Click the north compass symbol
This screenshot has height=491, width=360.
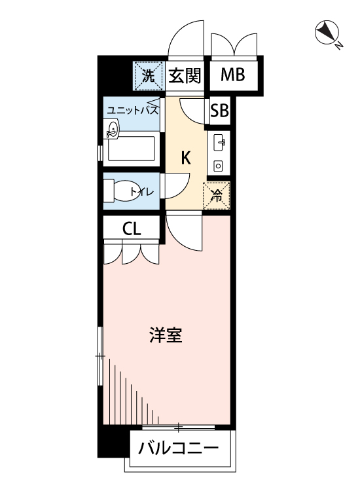327,33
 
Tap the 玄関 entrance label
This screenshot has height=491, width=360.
185,75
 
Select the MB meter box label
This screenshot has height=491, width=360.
233,75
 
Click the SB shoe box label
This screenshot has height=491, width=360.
219,110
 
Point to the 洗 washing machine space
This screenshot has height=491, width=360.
149,76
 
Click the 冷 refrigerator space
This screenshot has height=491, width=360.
216,196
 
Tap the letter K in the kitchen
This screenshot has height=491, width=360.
186,158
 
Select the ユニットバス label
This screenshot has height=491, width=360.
132,111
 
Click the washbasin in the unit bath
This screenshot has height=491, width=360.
111,130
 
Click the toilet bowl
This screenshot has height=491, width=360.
120,191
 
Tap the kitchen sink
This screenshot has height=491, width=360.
219,143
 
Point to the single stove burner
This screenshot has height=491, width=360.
218,166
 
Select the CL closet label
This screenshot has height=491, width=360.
132,229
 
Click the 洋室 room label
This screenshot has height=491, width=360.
166,335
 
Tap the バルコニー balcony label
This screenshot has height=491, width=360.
179,448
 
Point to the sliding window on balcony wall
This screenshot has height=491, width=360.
179,427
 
